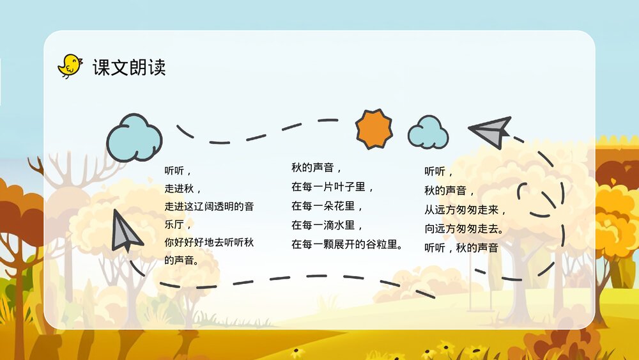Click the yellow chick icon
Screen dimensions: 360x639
(x=70, y=66)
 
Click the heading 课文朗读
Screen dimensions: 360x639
(x=129, y=67)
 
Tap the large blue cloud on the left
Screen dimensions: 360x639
(x=134, y=137)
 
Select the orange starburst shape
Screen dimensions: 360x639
(x=374, y=129)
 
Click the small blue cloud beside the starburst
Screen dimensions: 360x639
(x=427, y=132)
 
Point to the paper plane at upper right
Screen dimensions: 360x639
(x=491, y=131)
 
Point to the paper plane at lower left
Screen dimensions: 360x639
(x=125, y=231)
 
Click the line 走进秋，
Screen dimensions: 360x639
(x=183, y=189)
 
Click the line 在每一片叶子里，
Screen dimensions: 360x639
(x=333, y=187)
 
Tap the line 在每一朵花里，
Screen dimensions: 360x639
(x=328, y=207)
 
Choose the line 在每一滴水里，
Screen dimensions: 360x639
(x=328, y=225)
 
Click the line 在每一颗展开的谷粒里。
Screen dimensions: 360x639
(x=347, y=244)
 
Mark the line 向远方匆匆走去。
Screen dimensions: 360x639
(x=464, y=228)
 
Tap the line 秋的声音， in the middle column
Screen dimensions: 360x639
(x=317, y=168)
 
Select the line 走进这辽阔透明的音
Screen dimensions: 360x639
(x=209, y=207)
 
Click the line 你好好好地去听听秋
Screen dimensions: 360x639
(x=209, y=242)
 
